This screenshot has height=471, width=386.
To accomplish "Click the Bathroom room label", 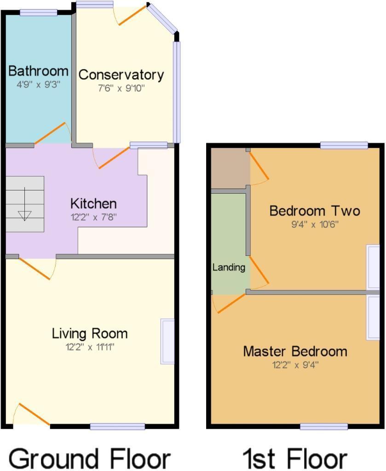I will (x=38, y=71).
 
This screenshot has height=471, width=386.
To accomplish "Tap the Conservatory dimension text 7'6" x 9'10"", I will (x=121, y=88).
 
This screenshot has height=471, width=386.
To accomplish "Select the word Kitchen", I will (x=93, y=203).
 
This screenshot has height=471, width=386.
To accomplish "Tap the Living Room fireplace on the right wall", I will (x=167, y=341).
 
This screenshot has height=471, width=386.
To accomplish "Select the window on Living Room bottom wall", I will (x=117, y=427).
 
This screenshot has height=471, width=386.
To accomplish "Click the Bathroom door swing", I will (x=52, y=133).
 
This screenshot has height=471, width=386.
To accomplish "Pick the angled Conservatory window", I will (x=162, y=18).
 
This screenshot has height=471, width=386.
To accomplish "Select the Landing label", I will (x=229, y=267).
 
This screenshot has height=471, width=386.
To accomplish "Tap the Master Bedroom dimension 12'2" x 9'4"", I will (x=294, y=365).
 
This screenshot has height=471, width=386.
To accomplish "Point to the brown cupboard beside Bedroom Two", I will (x=229, y=168).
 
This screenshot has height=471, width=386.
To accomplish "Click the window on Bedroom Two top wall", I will (x=344, y=146).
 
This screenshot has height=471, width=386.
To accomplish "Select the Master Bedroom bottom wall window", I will (x=324, y=427).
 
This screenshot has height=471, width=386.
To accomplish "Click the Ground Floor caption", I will (x=90, y=458).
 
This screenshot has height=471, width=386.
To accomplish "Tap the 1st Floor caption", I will (x=294, y=458).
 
